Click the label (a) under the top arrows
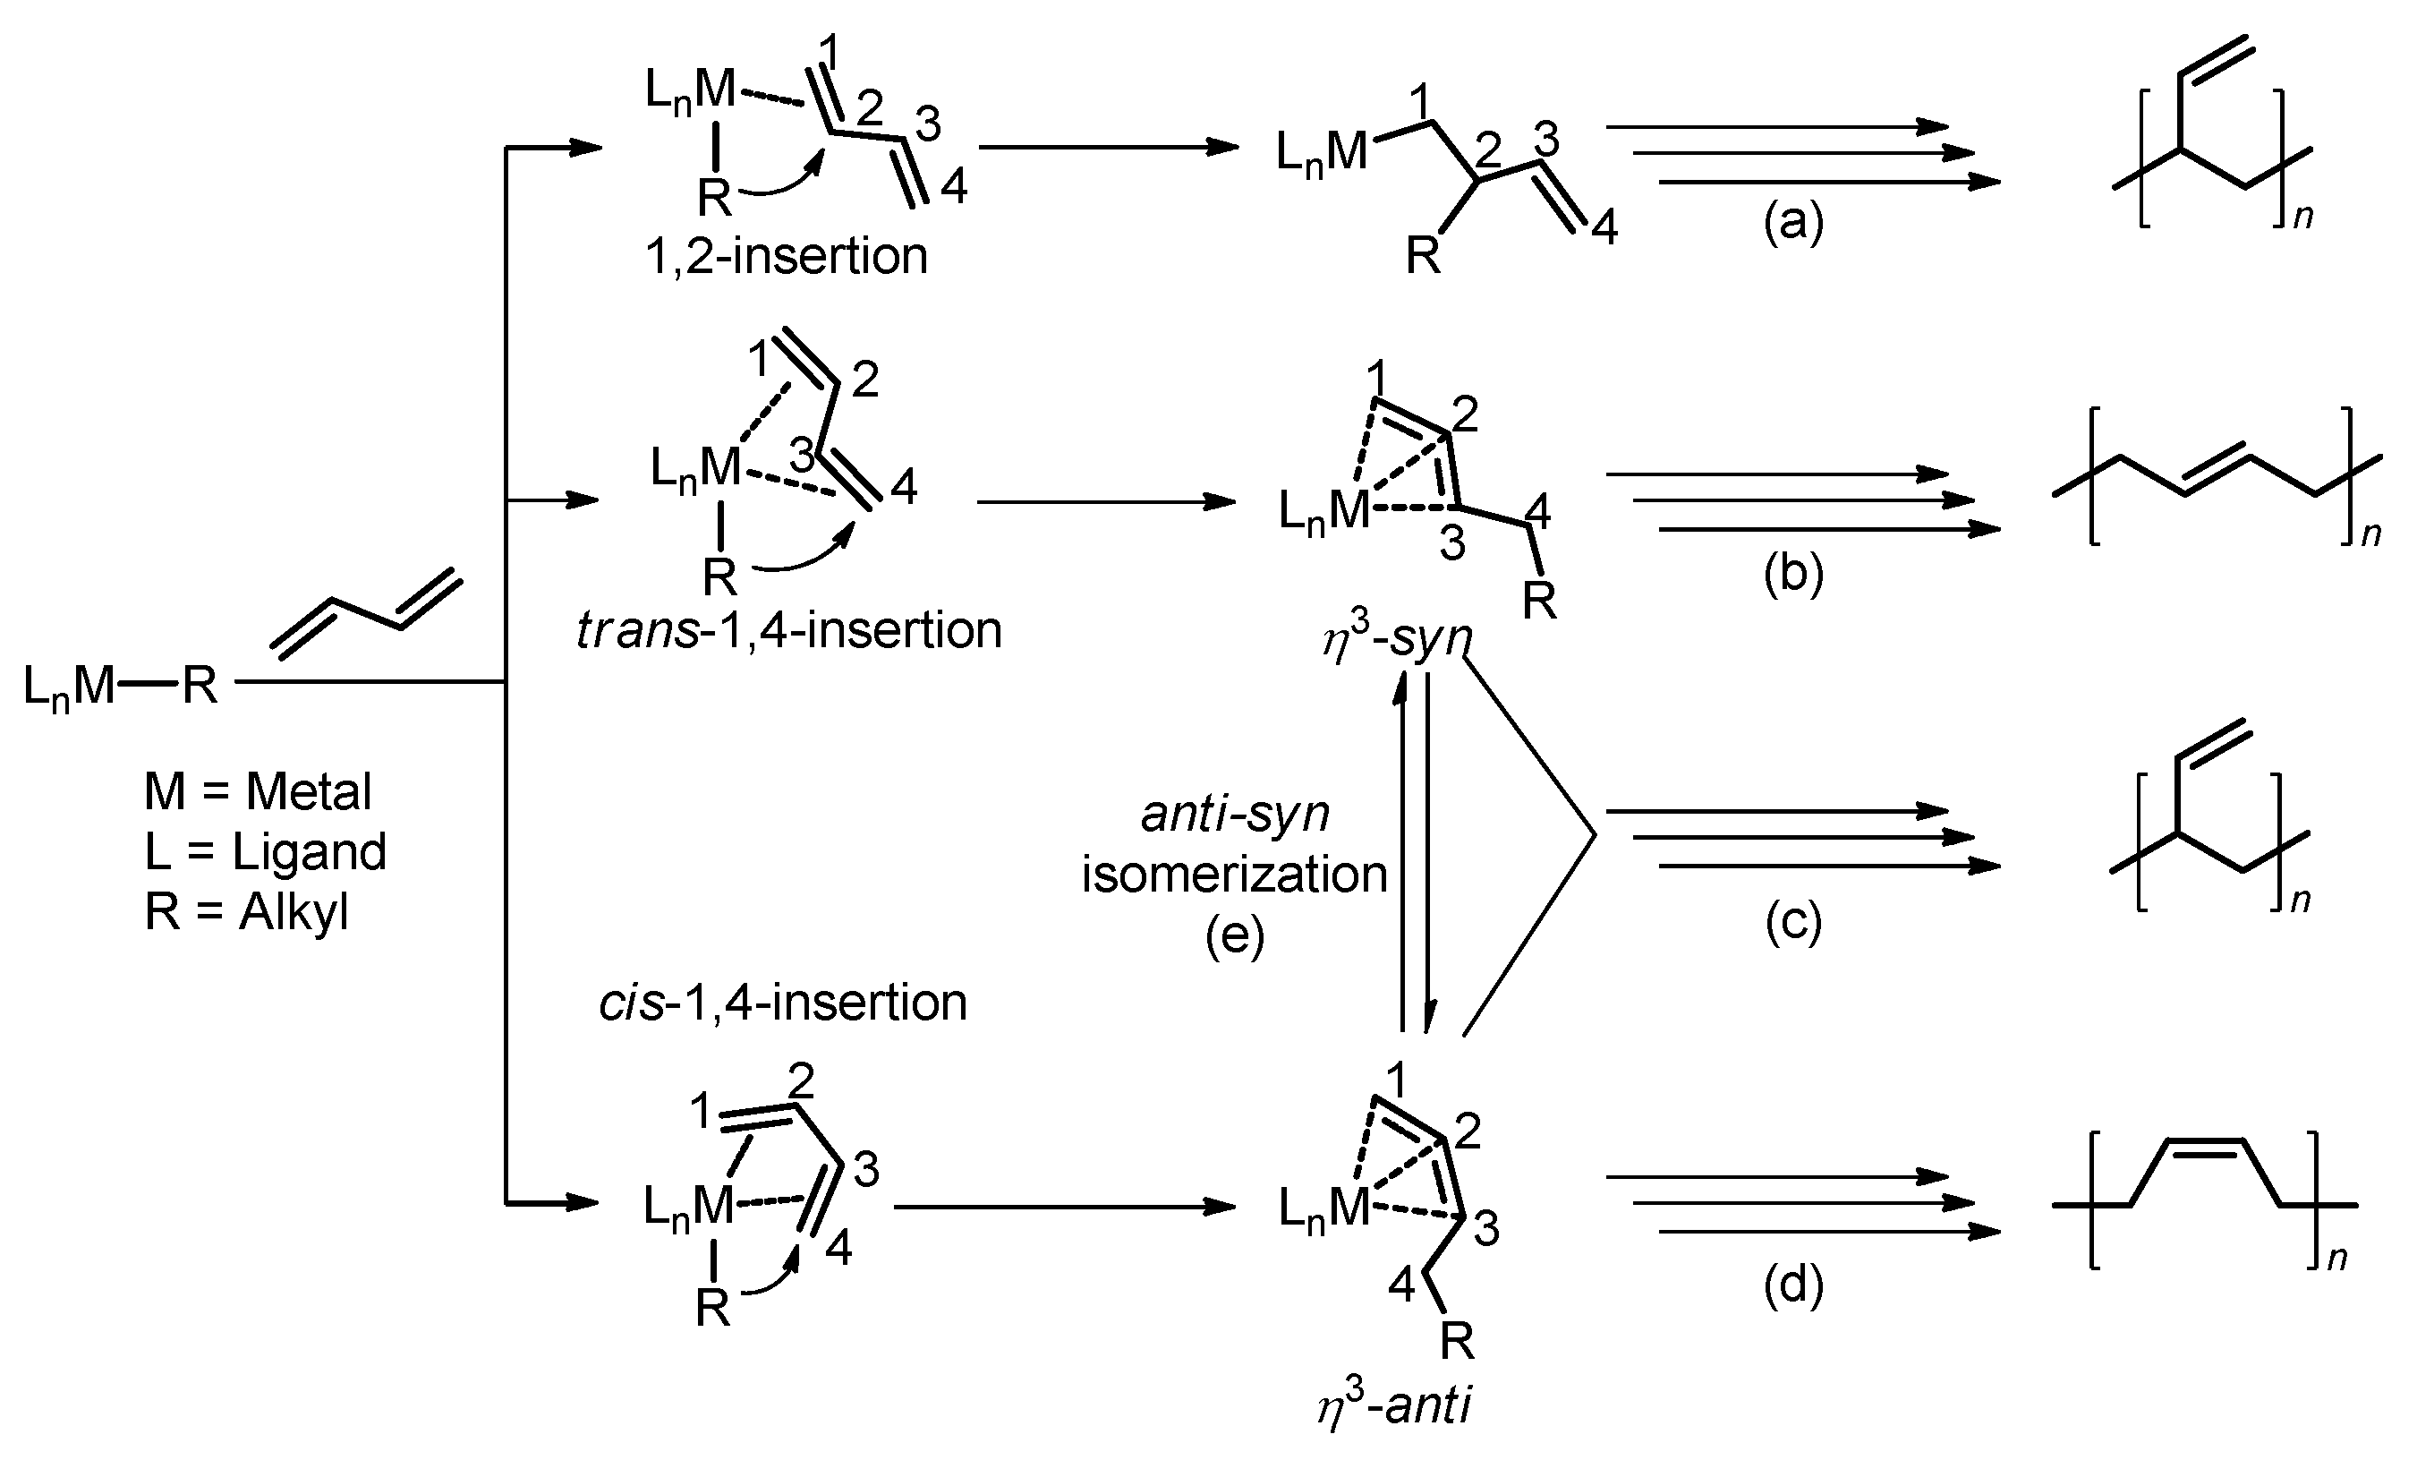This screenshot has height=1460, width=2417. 1792,223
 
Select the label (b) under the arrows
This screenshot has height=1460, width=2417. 1792,574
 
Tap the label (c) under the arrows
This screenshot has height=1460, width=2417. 1792,922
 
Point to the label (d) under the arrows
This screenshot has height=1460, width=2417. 1792,1286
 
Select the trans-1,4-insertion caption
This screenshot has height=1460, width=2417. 789,630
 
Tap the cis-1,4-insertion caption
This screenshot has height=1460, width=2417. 783,1003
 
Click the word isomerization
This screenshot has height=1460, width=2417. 1234,875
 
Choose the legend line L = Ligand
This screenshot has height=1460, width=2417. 265,851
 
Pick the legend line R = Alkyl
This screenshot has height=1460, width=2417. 246,912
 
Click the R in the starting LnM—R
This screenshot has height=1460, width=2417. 200,685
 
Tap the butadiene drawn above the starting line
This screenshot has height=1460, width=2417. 366,612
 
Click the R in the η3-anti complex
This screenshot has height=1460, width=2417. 1457,1341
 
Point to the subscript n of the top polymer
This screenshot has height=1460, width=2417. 2302,216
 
